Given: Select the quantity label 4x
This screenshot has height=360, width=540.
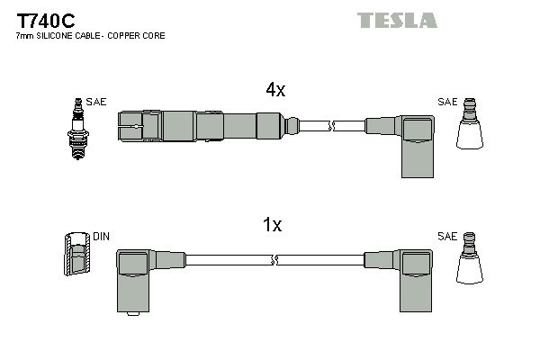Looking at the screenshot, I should coord(275,90).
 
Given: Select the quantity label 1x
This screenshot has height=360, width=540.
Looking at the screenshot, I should coord(273,226).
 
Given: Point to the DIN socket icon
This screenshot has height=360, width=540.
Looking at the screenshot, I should coord(78,255).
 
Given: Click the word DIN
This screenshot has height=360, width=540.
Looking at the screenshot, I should coord(101,237).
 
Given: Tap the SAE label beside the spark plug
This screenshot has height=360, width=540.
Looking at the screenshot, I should coord(97,102).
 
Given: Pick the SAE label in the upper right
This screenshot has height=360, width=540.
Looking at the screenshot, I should coord(447,102).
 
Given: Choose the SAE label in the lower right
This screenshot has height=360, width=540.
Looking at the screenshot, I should coord(447,237).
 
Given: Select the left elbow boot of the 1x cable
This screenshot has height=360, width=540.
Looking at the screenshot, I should coord(134,276).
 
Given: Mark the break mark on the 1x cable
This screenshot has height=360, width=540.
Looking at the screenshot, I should coord(274,260).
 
